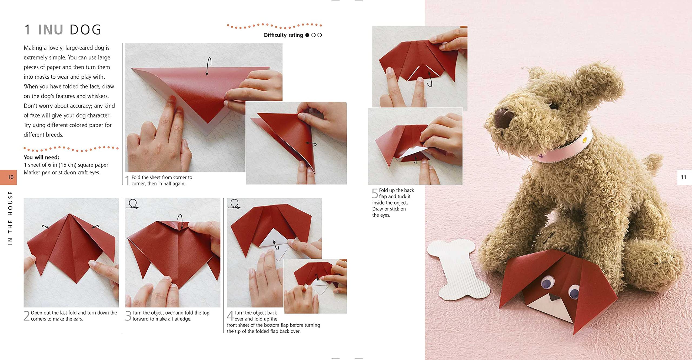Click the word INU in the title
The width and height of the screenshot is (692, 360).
pos(51,30)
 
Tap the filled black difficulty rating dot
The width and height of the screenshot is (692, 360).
pos(307,35)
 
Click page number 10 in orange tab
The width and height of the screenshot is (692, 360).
pos(11,177)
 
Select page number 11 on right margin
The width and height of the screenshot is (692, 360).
pos(683,177)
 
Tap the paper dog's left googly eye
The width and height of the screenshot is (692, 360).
pos(547,284)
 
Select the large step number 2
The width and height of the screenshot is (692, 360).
pos(26,316)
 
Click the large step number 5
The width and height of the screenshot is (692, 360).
pos(375,194)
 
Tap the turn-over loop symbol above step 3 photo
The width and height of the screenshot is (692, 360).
pos(133,204)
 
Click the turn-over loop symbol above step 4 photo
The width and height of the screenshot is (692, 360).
pos(234,204)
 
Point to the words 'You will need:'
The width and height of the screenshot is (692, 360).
pos(41,157)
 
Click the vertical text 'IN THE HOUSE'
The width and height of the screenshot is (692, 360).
pos(10,218)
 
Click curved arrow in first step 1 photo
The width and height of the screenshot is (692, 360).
pos(208,66)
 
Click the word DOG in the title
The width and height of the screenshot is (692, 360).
pos(85,30)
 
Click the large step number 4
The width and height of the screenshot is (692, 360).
pos(230,316)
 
